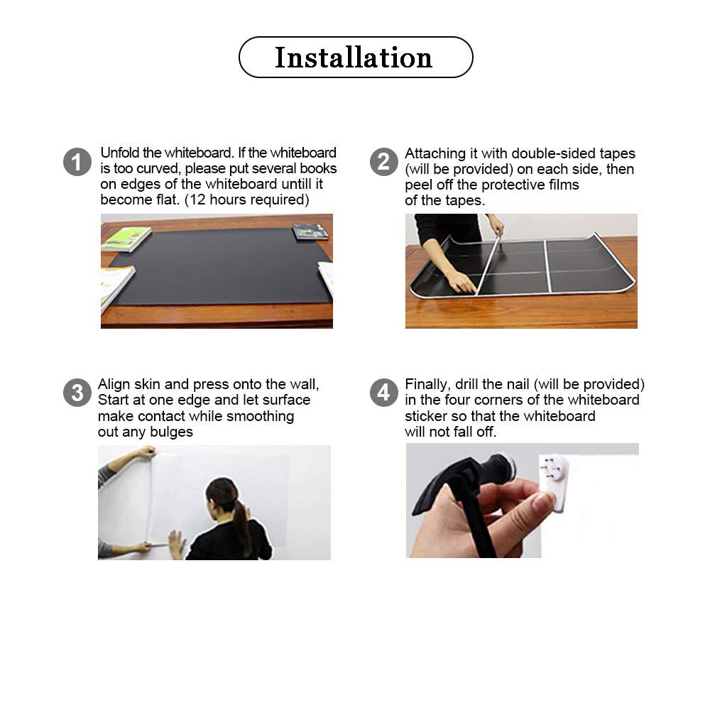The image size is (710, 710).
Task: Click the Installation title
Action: (354, 58)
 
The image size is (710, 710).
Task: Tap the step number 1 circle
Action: (77, 162)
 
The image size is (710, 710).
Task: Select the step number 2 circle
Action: (383, 162)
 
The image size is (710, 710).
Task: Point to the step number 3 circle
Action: (77, 393)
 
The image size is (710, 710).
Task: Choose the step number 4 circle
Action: (383, 393)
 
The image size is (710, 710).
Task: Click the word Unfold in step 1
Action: (118, 153)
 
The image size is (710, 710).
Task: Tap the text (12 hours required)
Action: (246, 200)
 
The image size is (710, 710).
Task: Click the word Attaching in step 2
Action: (433, 154)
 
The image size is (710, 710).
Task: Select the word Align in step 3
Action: (114, 385)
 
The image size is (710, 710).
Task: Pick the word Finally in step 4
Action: (427, 385)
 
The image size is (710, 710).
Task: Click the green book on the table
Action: (126, 239)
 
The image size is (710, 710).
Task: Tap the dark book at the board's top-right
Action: (310, 231)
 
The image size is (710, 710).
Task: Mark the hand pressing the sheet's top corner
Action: (146, 452)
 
